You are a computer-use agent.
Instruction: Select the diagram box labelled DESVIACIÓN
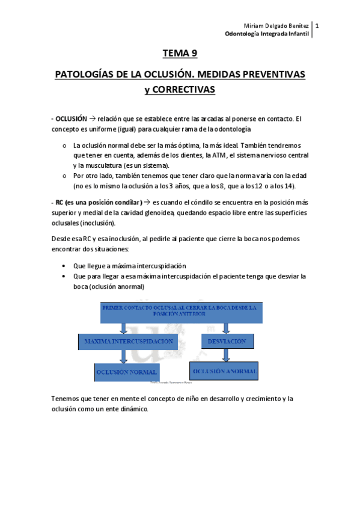pyautogui.click(x=227, y=341)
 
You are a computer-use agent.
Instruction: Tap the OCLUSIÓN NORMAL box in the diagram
pyautogui.click(x=126, y=372)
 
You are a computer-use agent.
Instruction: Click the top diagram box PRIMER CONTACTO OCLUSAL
pyautogui.click(x=180, y=310)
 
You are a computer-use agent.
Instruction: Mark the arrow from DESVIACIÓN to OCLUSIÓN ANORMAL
pyautogui.click(x=227, y=355)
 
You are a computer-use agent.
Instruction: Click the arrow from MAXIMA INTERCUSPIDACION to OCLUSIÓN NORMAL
pyautogui.click(x=123, y=357)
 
